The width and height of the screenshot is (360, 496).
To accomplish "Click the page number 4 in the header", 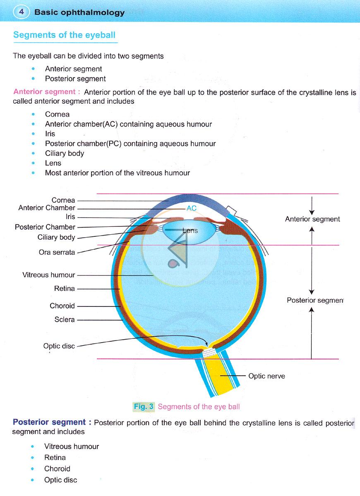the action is click(21, 12).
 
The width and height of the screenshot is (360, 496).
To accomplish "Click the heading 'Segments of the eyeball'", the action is click(65, 35).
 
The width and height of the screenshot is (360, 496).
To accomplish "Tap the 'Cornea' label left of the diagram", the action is click(63, 200).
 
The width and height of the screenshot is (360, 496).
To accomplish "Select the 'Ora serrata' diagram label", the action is click(57, 252).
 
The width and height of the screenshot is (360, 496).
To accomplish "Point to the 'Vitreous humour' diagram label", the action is click(48, 275).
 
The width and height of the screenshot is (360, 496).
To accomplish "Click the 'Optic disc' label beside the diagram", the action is click(59, 346).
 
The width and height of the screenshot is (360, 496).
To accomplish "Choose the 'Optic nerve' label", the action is click(266, 376).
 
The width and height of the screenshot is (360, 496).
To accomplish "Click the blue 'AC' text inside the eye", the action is click(192, 208).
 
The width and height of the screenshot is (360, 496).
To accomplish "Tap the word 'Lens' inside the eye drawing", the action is click(190, 231).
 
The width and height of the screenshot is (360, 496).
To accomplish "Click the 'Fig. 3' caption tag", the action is click(144, 406).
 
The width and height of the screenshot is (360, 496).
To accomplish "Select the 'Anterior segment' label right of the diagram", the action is click(312, 219).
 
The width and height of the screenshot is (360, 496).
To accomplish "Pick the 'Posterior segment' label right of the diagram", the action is click(315, 300).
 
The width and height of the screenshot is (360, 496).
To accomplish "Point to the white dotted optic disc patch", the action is click(209, 353).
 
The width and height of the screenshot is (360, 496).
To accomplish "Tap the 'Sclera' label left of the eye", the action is click(65, 319).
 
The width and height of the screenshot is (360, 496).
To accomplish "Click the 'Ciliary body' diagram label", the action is click(56, 237).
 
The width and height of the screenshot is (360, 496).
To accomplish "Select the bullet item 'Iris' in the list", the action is click(50, 134).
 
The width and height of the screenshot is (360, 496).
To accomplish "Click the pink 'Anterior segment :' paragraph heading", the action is click(46, 92).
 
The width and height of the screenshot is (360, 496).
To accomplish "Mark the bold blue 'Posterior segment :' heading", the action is click(52, 422).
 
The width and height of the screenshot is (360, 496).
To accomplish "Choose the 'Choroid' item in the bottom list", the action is click(57, 469).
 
